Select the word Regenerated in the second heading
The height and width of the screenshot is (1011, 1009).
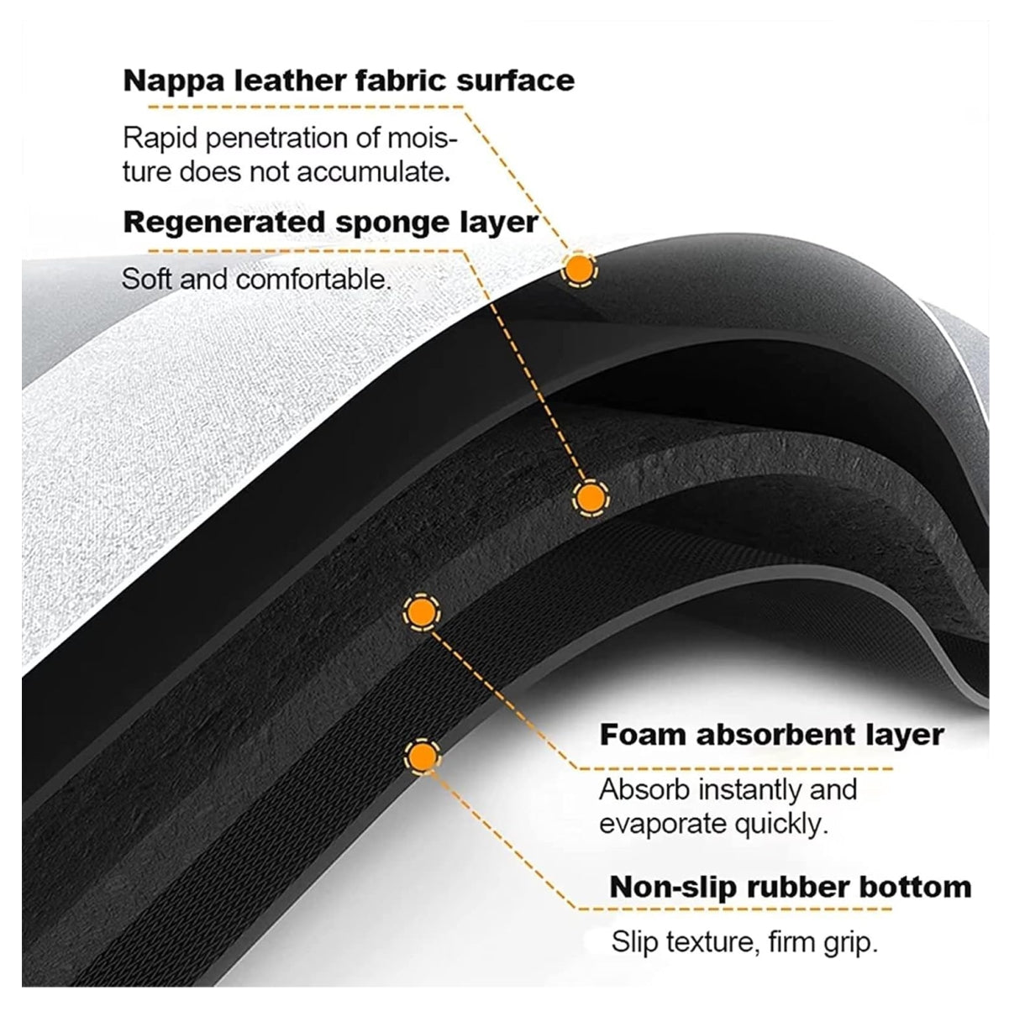pyautogui.click(x=224, y=223)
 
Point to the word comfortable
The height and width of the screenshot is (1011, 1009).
pyautogui.click(x=313, y=279)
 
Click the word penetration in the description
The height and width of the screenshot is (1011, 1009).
pyautogui.click(x=276, y=139)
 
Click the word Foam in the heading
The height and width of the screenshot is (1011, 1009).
pyautogui.click(x=643, y=734)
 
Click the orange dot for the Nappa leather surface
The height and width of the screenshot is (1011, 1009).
pyautogui.click(x=579, y=270)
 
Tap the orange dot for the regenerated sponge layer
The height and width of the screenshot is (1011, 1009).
pyautogui.click(x=591, y=497)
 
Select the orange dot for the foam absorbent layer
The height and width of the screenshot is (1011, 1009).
pyautogui.click(x=422, y=612)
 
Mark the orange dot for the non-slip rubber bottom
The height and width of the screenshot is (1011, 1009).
pyautogui.click(x=423, y=756)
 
